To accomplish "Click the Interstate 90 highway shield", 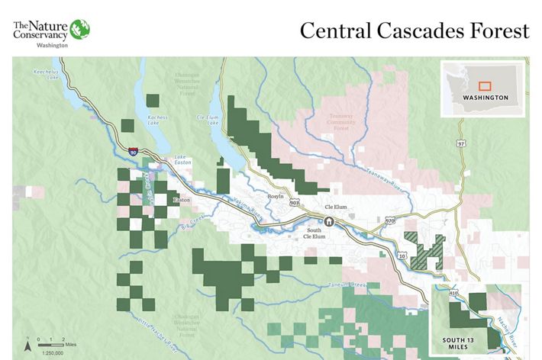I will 134,153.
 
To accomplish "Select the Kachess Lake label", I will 157,121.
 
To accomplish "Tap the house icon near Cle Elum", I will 329,221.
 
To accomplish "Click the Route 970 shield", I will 390,221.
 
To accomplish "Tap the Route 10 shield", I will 400,257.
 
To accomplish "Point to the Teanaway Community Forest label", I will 341,121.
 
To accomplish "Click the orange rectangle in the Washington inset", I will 484,87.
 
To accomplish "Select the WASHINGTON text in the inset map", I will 485,98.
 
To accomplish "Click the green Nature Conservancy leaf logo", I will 80,30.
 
